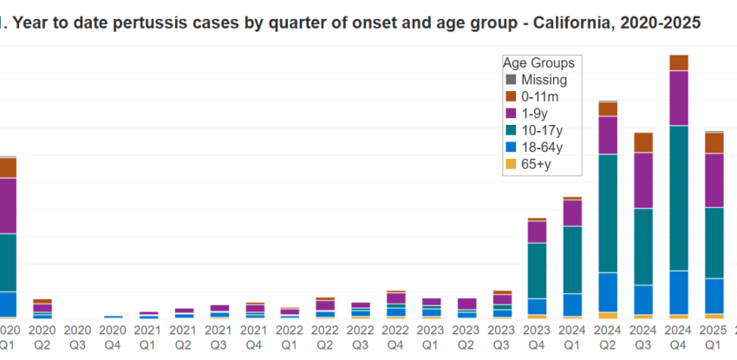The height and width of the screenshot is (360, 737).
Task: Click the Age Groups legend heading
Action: tap(538, 63)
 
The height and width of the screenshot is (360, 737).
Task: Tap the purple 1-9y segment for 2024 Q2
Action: tap(608, 134)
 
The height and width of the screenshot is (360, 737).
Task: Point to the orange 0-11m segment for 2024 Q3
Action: tap(643, 142)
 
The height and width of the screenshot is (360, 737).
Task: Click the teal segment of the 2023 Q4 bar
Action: tap(538, 271)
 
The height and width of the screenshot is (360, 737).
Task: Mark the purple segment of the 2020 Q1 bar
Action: tap(8, 206)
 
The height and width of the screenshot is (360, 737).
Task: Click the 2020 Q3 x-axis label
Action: tap(78, 336)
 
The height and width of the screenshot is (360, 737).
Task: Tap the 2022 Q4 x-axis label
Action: tap(395, 336)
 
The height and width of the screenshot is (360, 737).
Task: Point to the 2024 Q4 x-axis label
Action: tap(678, 336)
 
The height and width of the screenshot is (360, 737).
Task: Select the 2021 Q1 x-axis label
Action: tap(148, 336)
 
